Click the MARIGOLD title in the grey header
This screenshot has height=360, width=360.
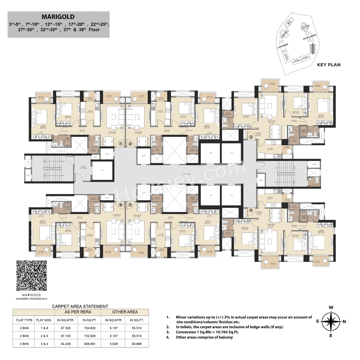click(58, 17)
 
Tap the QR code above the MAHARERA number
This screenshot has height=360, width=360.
click(31, 276)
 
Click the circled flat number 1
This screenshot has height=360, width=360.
click(121, 144)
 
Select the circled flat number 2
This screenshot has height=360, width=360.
click(130, 144)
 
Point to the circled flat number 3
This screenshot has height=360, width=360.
click(251, 137)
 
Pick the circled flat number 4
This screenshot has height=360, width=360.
click(251, 210)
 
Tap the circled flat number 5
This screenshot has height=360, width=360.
click(130, 205)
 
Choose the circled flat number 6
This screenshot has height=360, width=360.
click(121, 205)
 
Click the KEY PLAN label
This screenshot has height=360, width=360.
click(328, 65)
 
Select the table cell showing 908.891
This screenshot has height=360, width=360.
click(90, 344)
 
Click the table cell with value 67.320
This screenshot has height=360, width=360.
click(66, 328)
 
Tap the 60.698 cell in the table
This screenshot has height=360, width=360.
click(137, 344)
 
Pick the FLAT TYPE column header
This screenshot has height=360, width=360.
click(24, 320)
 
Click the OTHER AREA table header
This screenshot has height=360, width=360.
click(125, 312)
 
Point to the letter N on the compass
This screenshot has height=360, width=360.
click(344, 321)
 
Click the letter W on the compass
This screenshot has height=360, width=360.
click(331, 307)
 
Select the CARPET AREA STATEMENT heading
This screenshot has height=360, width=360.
click(80, 306)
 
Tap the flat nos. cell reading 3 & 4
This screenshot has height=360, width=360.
click(44, 344)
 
